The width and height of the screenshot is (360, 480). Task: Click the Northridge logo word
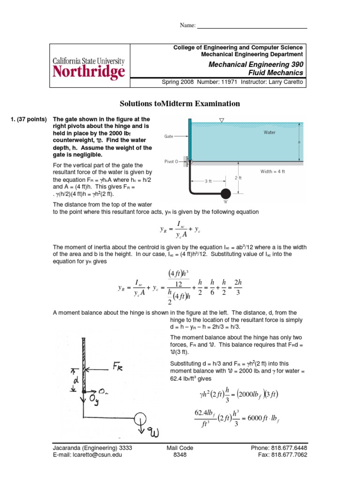pyautogui.click(x=89, y=71)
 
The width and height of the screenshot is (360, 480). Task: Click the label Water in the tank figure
pyautogui.click(x=270, y=133)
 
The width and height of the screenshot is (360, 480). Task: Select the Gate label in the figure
pyautogui.click(x=170, y=136)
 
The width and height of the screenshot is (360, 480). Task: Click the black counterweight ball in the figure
pyautogui.click(x=225, y=193)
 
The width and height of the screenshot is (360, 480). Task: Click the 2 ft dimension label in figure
pyautogui.click(x=238, y=178)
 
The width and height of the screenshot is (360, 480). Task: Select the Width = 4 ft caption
pyautogui.click(x=273, y=172)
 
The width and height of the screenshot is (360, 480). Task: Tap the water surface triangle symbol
pyautogui.click(x=222, y=121)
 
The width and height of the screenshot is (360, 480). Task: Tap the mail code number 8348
pyautogui.click(x=180, y=454)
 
